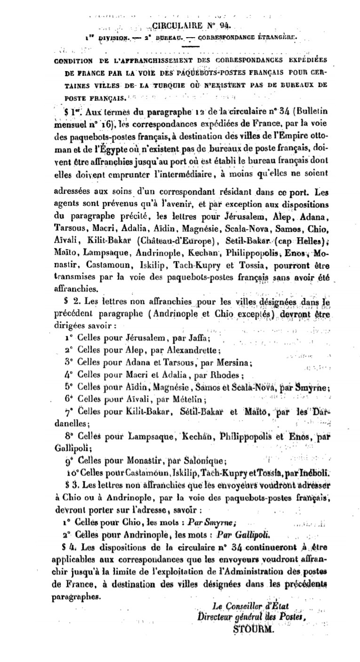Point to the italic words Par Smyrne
[211, 521]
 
